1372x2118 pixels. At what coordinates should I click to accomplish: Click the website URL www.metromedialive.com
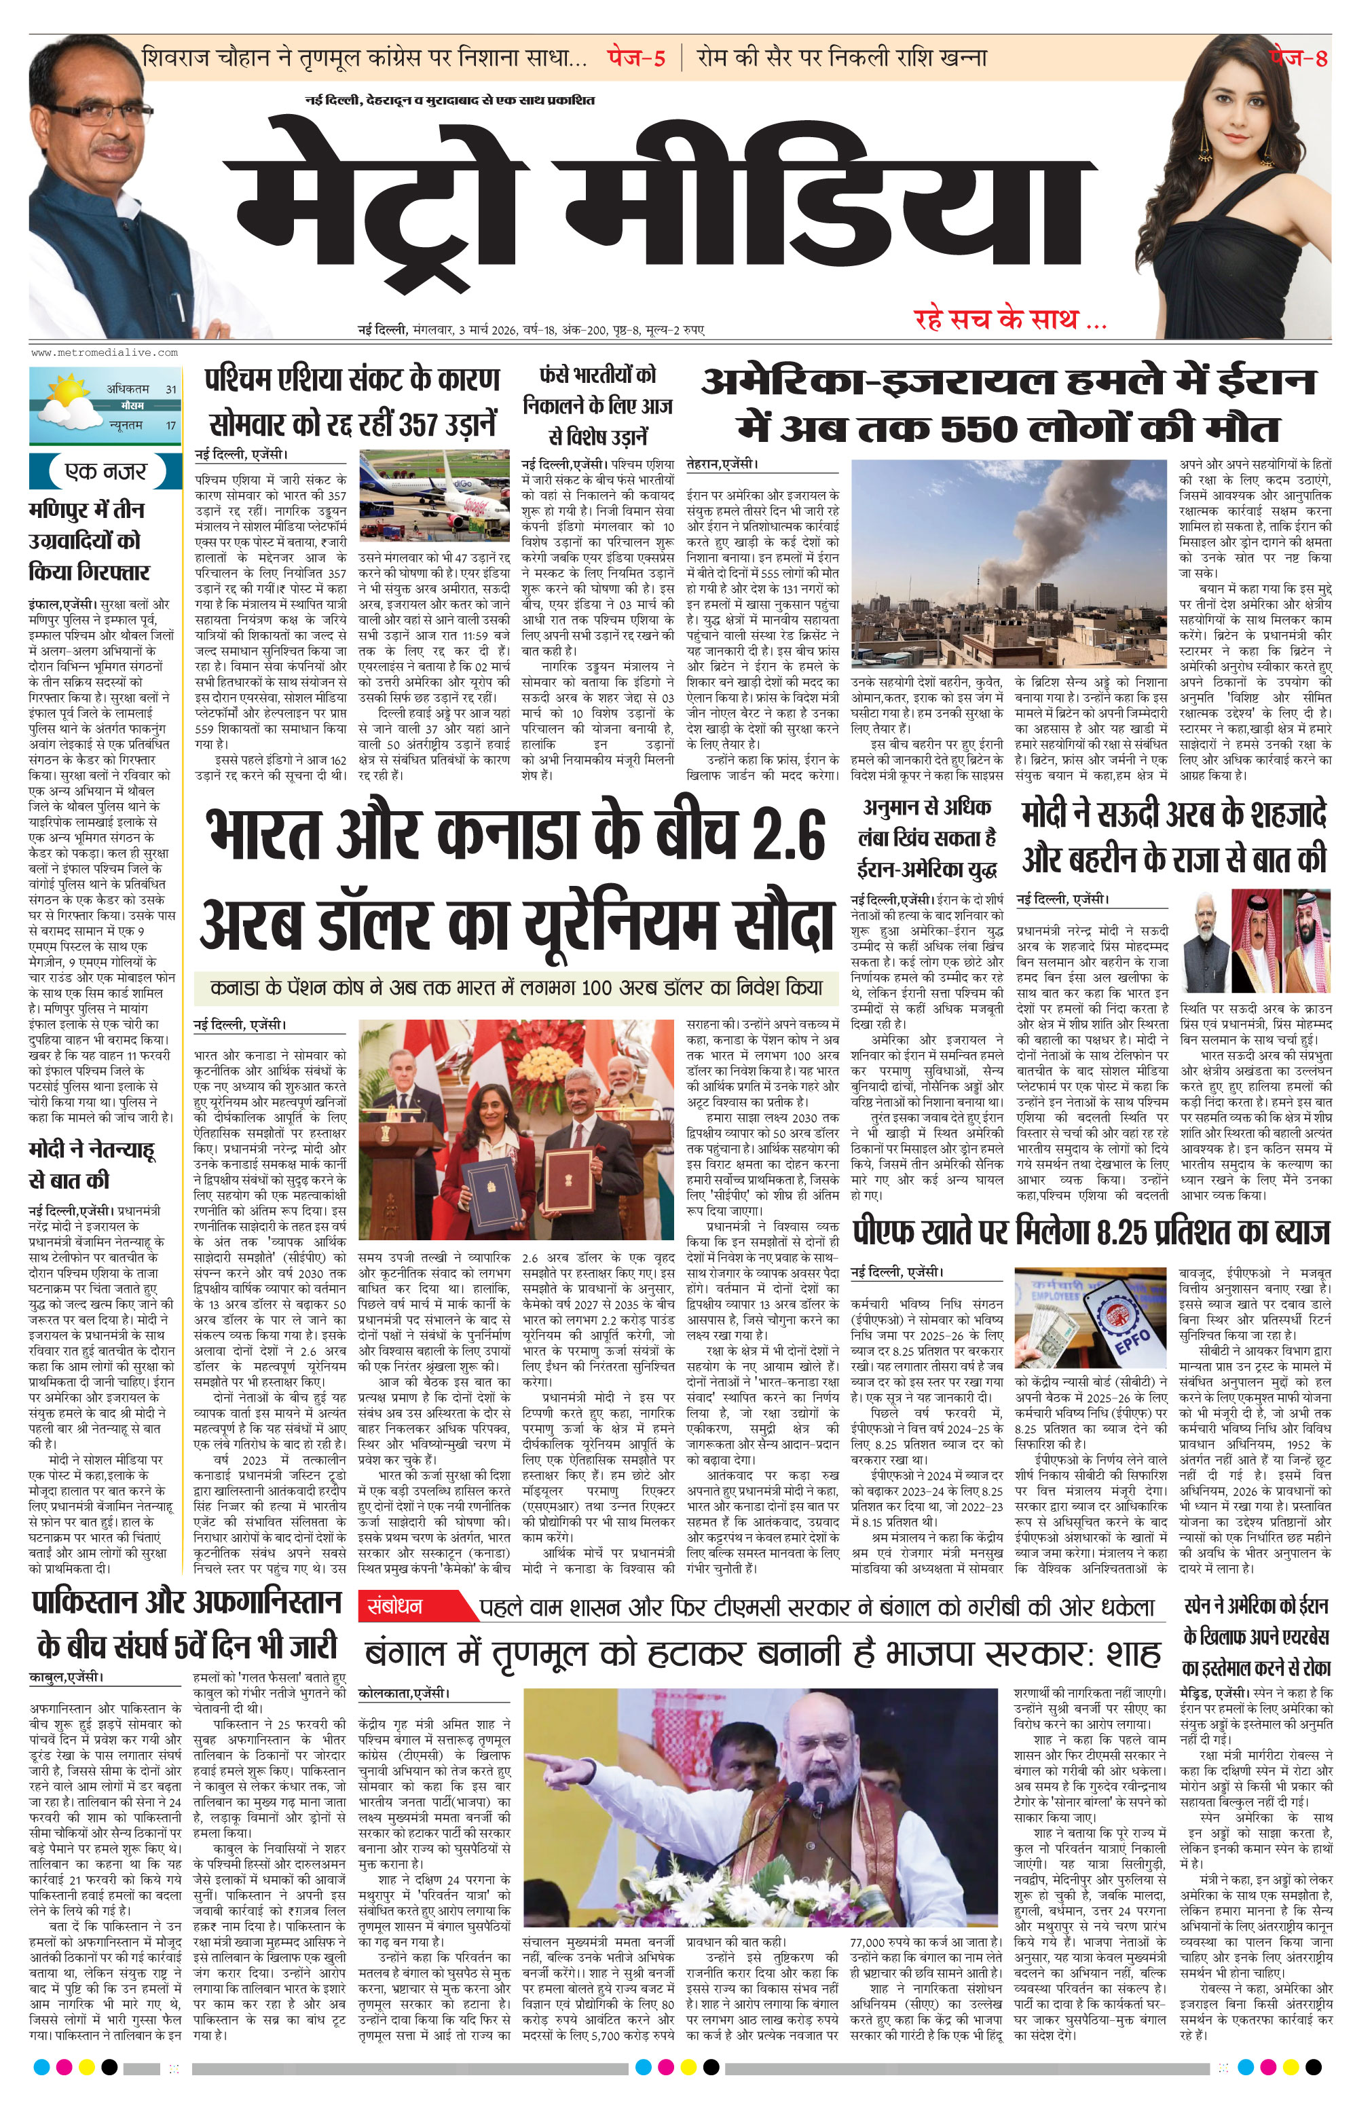[x=104, y=352]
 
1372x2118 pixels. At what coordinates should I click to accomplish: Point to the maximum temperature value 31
[x=171, y=389]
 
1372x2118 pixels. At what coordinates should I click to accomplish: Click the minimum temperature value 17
[x=171, y=426]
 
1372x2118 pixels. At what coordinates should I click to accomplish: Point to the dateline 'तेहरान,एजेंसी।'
[x=722, y=464]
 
